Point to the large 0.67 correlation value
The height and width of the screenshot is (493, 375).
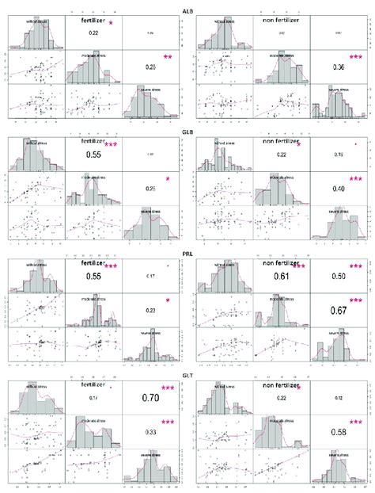pos(340,310)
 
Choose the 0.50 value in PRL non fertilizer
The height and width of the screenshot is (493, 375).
pos(340,279)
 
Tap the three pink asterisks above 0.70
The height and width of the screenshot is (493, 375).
pos(168,388)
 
